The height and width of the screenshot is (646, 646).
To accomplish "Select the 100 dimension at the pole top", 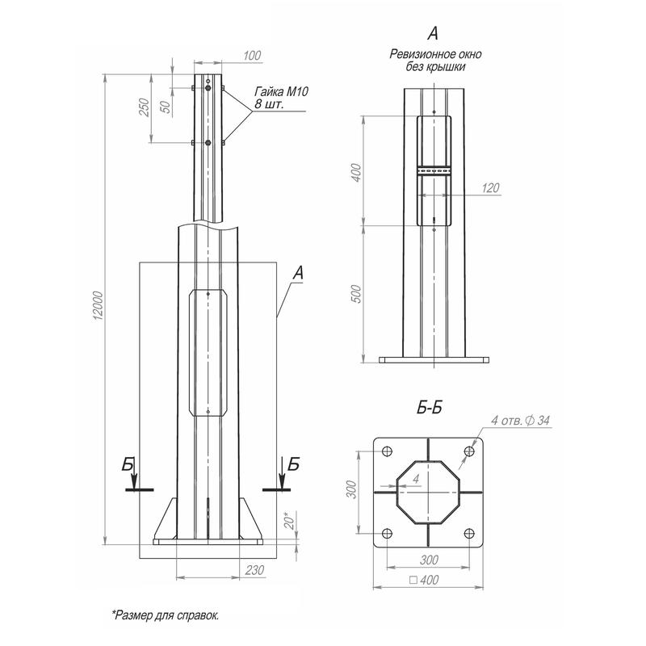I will tap(251, 56).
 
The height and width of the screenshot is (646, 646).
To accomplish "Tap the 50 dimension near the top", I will tap(166, 108).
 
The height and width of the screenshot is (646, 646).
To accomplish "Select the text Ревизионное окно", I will tap(435, 55).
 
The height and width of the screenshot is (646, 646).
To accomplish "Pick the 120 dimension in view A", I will tap(488, 187).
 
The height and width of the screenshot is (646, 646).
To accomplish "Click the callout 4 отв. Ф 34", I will tap(521, 419).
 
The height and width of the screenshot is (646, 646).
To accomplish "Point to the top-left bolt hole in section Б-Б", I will tap(387, 451).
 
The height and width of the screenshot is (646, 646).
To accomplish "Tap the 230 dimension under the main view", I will tap(254, 570).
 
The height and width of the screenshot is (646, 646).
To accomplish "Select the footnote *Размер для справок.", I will tap(166, 615).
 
